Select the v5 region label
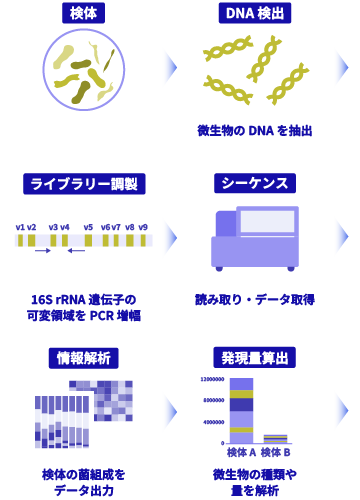point(88,228)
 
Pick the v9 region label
point(144,228)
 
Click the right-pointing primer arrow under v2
point(41,251)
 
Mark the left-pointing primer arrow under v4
point(69,251)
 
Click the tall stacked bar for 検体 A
point(241,410)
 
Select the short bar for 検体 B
point(275,439)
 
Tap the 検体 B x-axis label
point(275,453)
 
